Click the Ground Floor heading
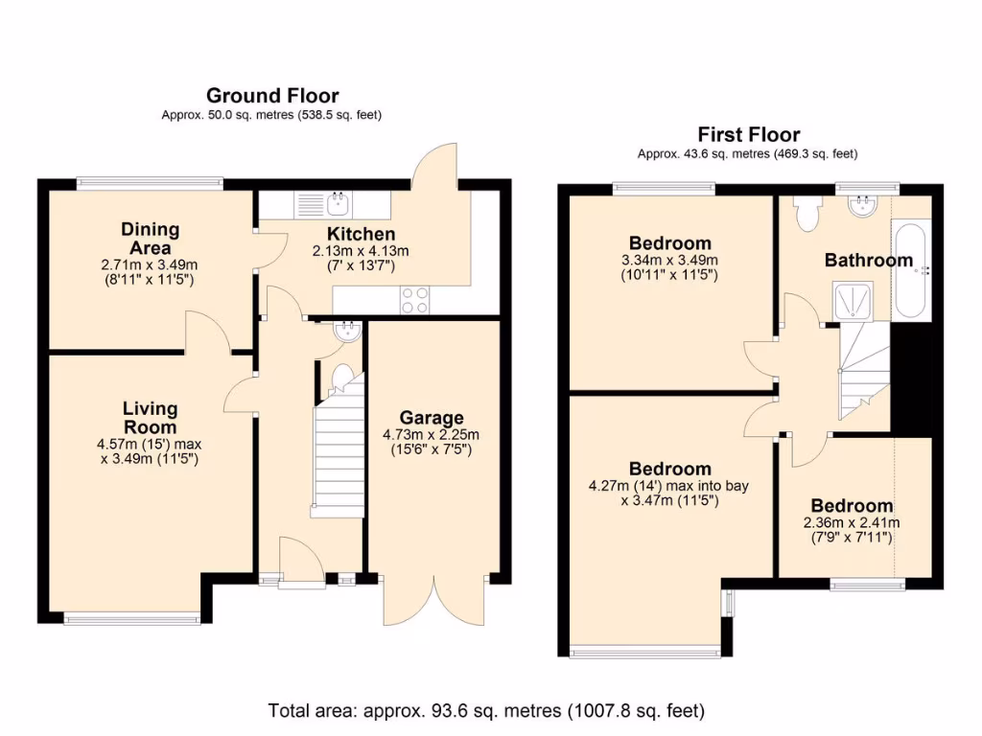pos(272,96)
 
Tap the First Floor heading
pos(748,134)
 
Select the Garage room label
pos(432,418)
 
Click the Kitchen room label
pos(361,234)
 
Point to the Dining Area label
pos(151,239)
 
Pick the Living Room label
pos(151,418)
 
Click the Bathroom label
pos(869,260)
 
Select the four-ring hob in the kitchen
pos(414,300)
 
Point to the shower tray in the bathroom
pos(853,301)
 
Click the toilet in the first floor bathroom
pos(806,214)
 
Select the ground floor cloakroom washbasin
pos(347,331)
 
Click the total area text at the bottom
pos(486,711)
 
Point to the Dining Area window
pos(151,183)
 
